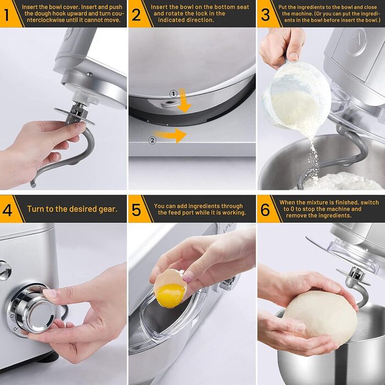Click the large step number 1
[7, 15]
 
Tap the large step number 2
[136, 15]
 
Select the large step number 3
[265, 15]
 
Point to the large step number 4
[7, 210]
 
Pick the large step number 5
[136, 210]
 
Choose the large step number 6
[265, 210]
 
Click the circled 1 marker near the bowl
[173, 94]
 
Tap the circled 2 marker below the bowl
[152, 140]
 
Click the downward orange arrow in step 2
[183, 100]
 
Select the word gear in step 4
[108, 209]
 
